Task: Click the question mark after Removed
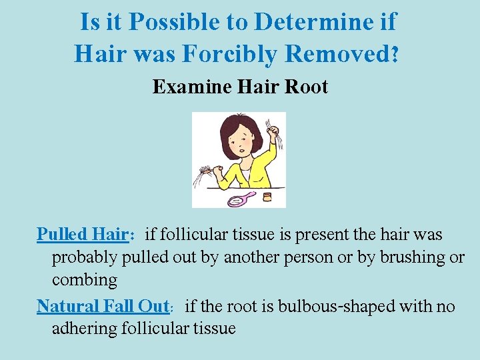click(396, 55)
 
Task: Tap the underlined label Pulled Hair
click(81, 235)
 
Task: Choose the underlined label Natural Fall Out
click(103, 307)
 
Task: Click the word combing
click(85, 279)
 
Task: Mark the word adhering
click(82, 329)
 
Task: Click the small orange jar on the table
click(267, 197)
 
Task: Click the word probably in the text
click(84, 257)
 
